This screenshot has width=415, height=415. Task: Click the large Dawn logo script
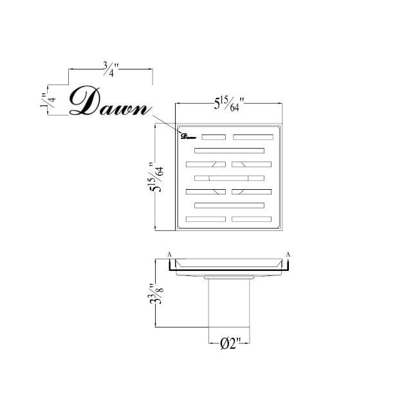click(x=109, y=101)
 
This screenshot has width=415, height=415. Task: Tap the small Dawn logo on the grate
click(x=188, y=136)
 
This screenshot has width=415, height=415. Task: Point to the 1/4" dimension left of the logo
click(x=44, y=102)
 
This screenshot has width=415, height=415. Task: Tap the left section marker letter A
click(x=169, y=255)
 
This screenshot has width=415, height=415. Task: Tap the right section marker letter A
click(x=288, y=255)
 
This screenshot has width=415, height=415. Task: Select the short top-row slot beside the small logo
click(x=214, y=136)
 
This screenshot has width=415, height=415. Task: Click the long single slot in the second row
click(x=229, y=151)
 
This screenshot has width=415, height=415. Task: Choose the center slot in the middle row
click(x=229, y=178)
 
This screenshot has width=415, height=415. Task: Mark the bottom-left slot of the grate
click(x=206, y=219)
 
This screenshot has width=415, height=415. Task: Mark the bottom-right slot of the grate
click(x=252, y=219)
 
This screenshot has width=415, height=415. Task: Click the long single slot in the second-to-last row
click(x=229, y=205)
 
